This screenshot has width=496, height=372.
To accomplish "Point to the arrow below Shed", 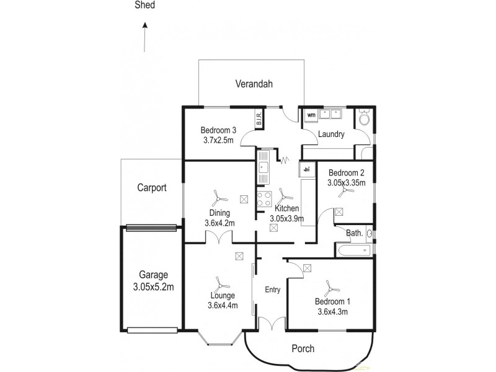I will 144,38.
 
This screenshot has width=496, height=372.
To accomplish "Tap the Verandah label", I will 254,84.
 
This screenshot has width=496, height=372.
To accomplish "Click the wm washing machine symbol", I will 311,115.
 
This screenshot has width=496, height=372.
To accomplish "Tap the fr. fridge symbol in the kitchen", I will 306,169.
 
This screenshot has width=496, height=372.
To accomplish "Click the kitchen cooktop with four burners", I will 265,200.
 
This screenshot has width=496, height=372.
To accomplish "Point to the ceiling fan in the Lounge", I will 219,285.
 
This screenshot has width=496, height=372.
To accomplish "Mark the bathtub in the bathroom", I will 352,250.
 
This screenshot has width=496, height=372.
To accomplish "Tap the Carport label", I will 152,188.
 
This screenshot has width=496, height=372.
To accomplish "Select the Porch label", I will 303,349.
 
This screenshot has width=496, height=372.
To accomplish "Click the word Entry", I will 272,290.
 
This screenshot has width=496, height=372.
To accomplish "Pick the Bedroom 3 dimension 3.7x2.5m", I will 218,141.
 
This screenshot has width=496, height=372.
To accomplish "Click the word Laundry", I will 331,134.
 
